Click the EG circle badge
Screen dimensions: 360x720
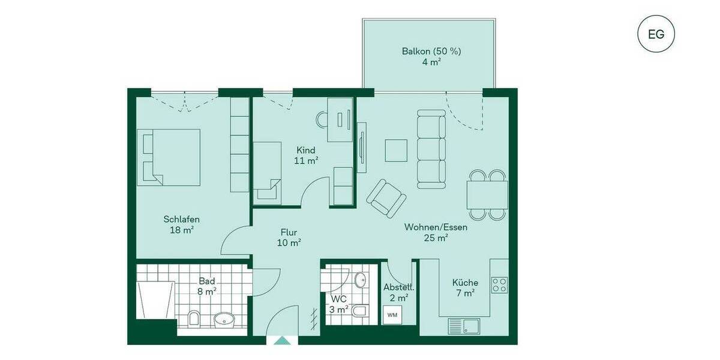pos(656,34)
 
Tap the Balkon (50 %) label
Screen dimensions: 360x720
pos(431,51)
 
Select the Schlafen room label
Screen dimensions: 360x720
pos(181,219)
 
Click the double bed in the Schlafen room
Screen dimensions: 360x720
pos(169,157)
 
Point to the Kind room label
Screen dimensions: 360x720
pos(305,150)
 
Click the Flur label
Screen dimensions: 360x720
pos(289,232)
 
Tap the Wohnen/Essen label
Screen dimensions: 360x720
pos(436,227)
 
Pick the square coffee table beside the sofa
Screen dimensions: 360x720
pos(396,151)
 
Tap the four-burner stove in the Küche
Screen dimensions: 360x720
pos(500,284)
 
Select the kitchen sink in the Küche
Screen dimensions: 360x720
pos(463,326)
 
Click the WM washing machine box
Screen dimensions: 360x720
pos(392,314)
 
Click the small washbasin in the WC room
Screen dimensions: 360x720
pos(359,280)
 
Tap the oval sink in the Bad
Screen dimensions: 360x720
pos(224,319)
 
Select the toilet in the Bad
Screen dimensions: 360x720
pos(194,318)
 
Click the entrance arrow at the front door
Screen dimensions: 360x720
pos(282,340)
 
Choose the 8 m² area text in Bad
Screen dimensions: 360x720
pos(207,292)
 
